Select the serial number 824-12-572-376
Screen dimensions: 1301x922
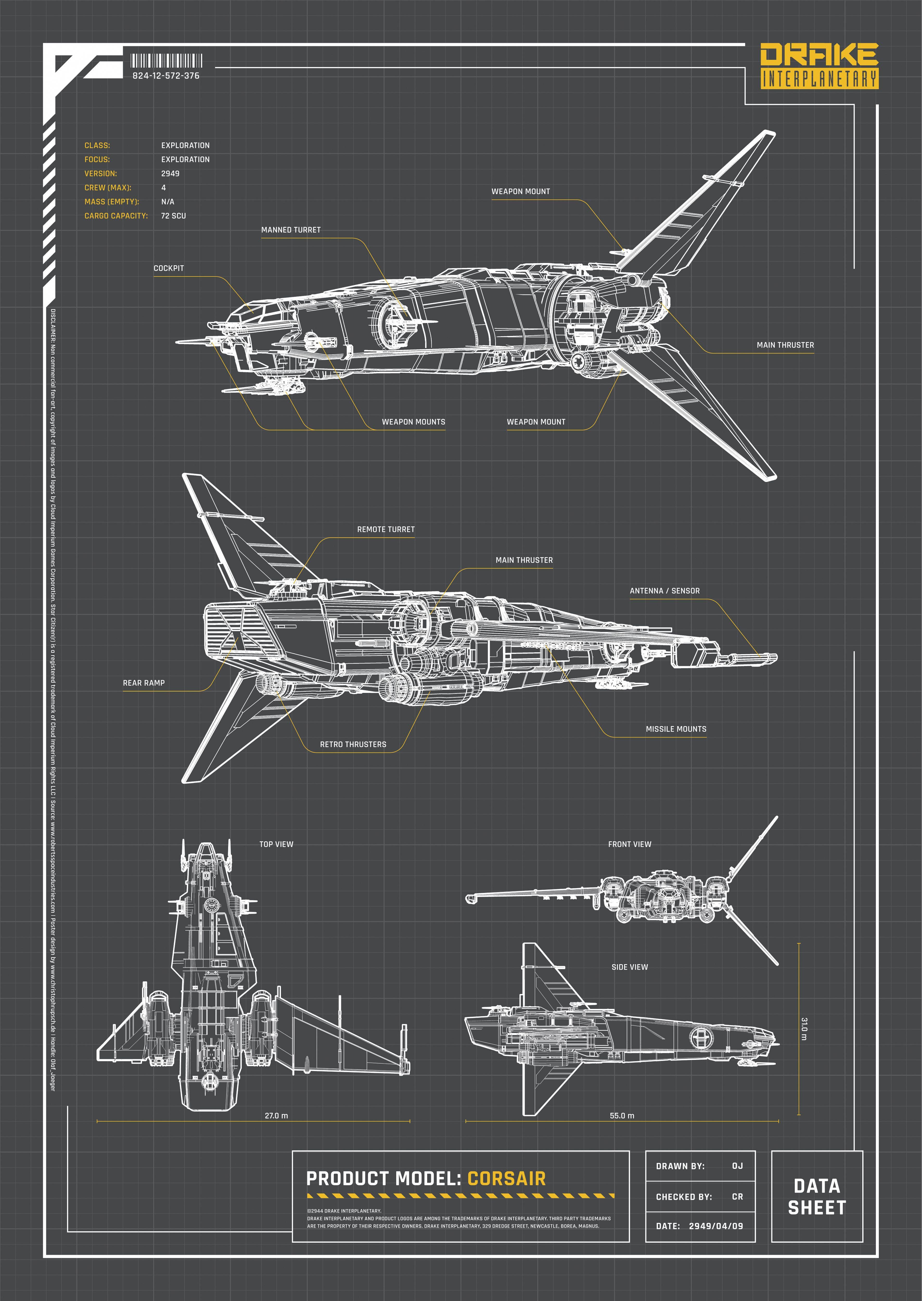click(166, 75)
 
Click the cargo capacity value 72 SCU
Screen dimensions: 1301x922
click(173, 216)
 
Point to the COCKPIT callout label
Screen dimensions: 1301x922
click(169, 268)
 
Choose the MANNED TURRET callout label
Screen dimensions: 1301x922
click(291, 230)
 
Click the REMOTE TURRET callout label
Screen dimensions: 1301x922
click(386, 529)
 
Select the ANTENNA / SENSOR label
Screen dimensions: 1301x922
click(664, 591)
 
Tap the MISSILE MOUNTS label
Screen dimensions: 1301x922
click(676, 729)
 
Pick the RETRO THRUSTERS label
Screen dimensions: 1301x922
click(353, 744)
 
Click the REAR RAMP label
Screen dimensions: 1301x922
click(144, 683)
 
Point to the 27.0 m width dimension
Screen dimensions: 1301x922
click(276, 1115)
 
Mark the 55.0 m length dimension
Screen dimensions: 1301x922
click(622, 1115)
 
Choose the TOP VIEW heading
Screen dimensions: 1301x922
click(276, 844)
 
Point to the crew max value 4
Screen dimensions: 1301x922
click(163, 187)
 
